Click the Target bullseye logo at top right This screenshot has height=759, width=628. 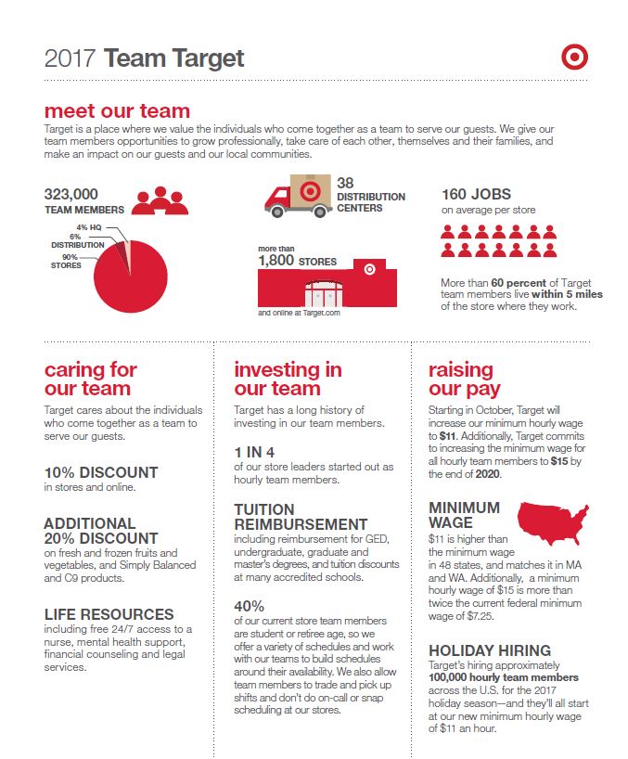[x=575, y=58]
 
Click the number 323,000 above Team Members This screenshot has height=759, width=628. [x=70, y=194]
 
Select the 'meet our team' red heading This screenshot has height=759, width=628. [x=117, y=112]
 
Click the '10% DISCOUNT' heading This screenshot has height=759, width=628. [x=101, y=471]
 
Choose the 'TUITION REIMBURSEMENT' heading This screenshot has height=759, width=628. [x=301, y=517]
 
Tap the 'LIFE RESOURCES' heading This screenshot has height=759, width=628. [x=109, y=614]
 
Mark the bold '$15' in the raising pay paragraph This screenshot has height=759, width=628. [x=560, y=460]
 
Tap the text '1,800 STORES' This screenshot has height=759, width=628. [x=297, y=261]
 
